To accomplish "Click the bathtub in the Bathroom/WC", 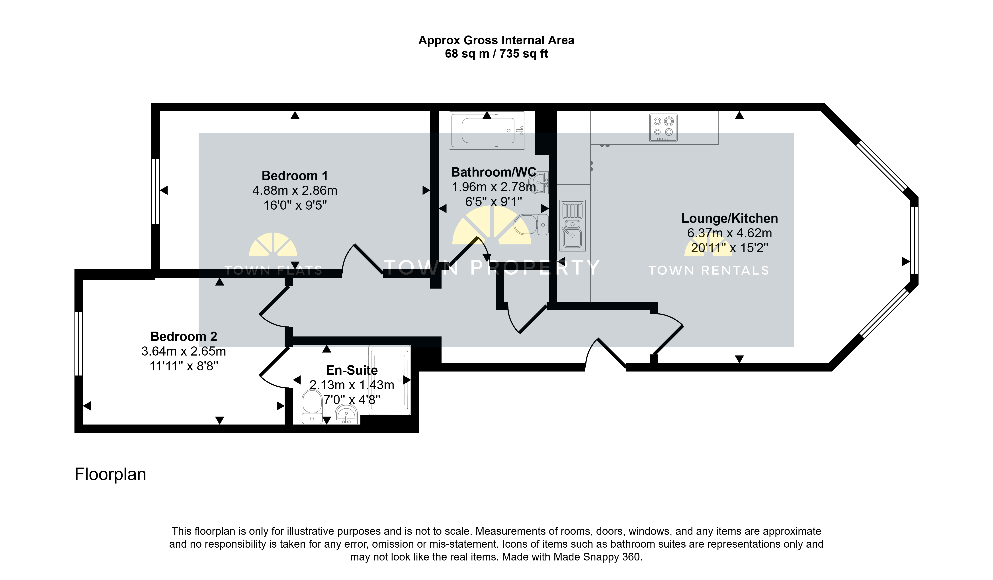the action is [x=487, y=130].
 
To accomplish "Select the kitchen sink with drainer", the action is [x=572, y=226].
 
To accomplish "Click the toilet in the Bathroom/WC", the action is [x=531, y=224].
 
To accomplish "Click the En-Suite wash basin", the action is [x=346, y=414].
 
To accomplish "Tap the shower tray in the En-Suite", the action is [x=389, y=380].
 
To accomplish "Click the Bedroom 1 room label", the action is [x=295, y=175].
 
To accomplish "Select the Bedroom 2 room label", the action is [x=184, y=336].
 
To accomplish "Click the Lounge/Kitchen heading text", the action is [x=729, y=218].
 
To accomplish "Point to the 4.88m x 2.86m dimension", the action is [x=295, y=191].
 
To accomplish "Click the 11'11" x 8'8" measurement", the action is [x=184, y=366].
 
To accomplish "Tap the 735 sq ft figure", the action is [x=524, y=54].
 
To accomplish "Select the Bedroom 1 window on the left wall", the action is [x=156, y=192].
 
